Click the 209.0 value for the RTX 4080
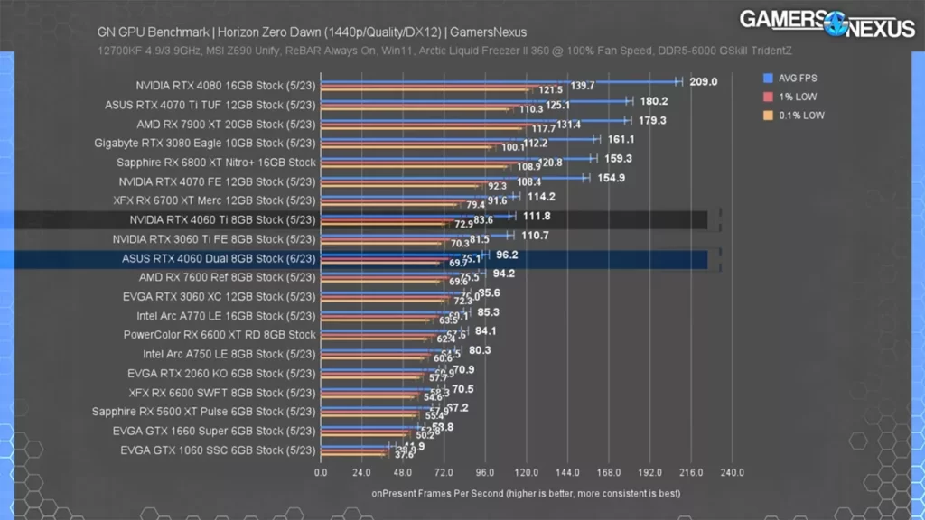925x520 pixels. (703, 82)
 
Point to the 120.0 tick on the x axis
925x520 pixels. (526, 472)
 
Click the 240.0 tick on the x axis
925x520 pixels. (732, 472)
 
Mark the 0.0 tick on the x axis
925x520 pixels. (321, 472)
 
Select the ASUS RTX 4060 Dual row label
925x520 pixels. (219, 258)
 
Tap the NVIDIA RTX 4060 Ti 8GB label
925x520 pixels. (222, 219)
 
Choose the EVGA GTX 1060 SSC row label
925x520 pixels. (218, 450)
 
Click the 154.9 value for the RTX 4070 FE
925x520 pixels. (611, 178)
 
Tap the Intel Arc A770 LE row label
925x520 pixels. (226, 316)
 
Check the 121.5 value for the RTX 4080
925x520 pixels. (551, 90)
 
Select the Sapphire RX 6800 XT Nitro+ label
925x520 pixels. (216, 162)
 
